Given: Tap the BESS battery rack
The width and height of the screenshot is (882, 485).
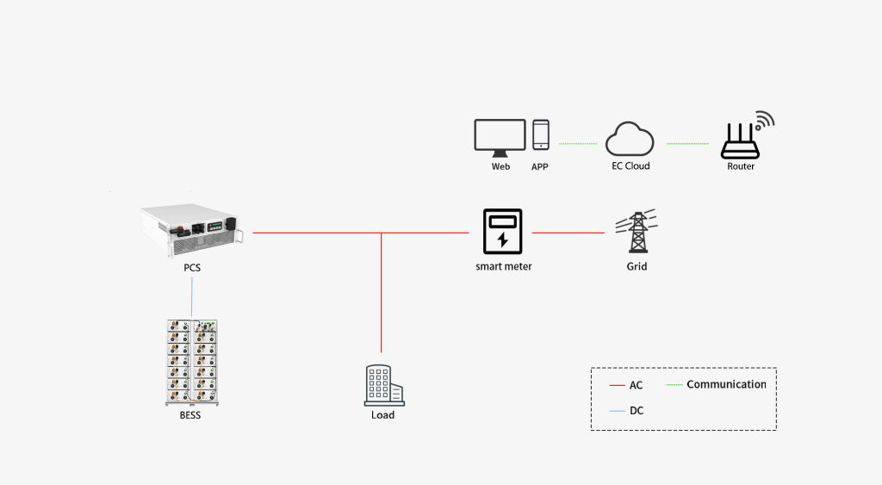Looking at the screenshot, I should tap(191, 362).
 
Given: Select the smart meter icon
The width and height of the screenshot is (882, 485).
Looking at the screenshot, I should tap(503, 231).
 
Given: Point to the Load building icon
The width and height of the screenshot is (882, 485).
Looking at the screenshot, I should tap(383, 385).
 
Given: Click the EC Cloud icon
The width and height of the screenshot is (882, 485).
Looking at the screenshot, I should tap(629, 139).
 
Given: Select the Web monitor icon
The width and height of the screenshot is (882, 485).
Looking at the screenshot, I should tap(500, 137).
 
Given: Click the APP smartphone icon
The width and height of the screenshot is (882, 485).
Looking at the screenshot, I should tap(541, 135).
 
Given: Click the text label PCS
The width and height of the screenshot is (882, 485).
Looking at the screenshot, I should tap(192, 268).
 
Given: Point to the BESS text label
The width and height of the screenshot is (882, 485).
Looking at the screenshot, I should tap(191, 415).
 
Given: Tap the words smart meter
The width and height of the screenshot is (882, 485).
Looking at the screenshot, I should tap(504, 267).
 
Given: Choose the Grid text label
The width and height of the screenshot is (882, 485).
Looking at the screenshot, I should tap(637, 267).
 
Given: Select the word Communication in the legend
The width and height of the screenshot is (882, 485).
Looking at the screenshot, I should tap(726, 384).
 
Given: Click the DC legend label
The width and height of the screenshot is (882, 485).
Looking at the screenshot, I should tap(637, 411).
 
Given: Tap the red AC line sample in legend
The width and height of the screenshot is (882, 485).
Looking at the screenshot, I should tap(617, 385).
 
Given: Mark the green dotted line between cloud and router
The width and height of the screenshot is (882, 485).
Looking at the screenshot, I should tap(687, 144).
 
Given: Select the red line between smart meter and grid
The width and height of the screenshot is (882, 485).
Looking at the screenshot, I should tap(568, 233).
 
